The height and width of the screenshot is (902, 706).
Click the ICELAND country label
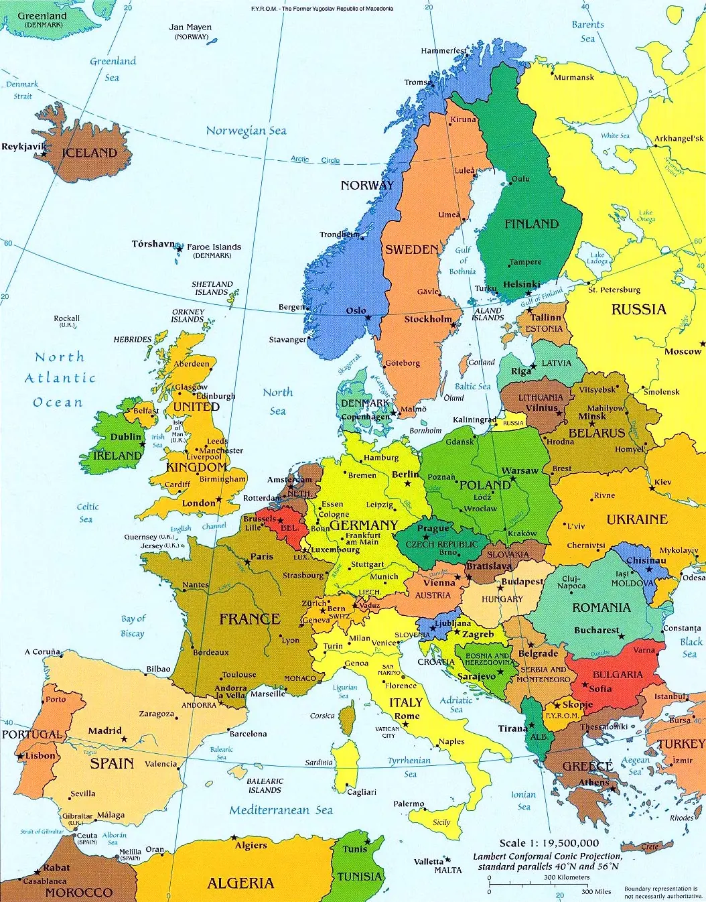(x=89, y=153)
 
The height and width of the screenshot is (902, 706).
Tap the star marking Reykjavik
(x=44, y=154)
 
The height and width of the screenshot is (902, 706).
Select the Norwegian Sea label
(x=246, y=131)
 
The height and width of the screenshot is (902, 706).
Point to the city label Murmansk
(x=574, y=77)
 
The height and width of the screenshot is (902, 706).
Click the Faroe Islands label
(x=214, y=247)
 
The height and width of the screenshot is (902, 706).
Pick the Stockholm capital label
(x=427, y=319)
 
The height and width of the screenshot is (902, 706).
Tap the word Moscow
(x=683, y=351)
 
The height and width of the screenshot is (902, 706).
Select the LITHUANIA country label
(x=541, y=397)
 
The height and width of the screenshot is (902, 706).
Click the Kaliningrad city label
(x=474, y=420)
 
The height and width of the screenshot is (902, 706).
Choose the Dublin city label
(x=126, y=437)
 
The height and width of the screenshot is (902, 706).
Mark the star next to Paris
(x=247, y=562)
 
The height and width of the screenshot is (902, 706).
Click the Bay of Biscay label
(x=133, y=626)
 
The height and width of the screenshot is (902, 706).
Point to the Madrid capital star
(x=124, y=738)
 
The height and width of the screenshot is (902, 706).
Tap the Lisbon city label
(x=41, y=755)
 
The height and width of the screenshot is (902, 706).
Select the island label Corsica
(x=322, y=716)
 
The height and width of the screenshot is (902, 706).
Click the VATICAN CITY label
(x=388, y=732)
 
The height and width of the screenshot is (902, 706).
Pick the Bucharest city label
(x=596, y=630)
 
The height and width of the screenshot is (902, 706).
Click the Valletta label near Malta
(x=429, y=861)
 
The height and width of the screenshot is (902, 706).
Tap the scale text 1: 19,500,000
(x=549, y=843)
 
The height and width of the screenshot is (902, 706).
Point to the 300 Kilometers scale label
(x=567, y=877)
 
